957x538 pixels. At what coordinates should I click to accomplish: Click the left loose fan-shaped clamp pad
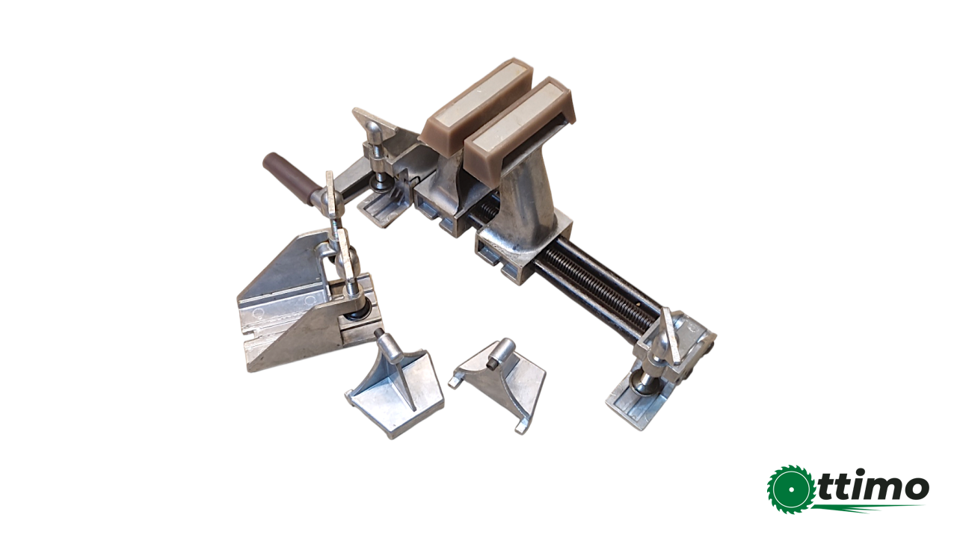tap(393, 392)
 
